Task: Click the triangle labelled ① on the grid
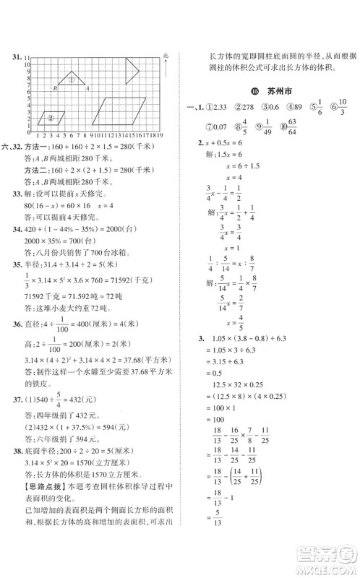coord(72,80)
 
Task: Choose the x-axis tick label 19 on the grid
coord(160,134)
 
